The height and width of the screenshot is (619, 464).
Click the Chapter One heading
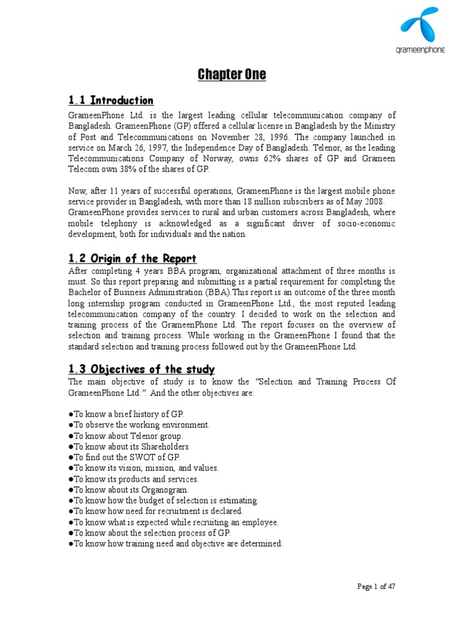pyautogui.click(x=232, y=75)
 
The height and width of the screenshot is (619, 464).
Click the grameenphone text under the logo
pyautogui.click(x=422, y=50)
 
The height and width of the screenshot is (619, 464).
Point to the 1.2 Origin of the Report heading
pyautogui.click(x=132, y=259)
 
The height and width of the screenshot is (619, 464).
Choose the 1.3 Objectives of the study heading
pyautogui.click(x=141, y=369)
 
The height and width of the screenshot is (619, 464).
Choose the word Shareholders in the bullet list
pyautogui.click(x=163, y=447)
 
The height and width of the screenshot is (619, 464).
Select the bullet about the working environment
pyautogui.click(x=140, y=425)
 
